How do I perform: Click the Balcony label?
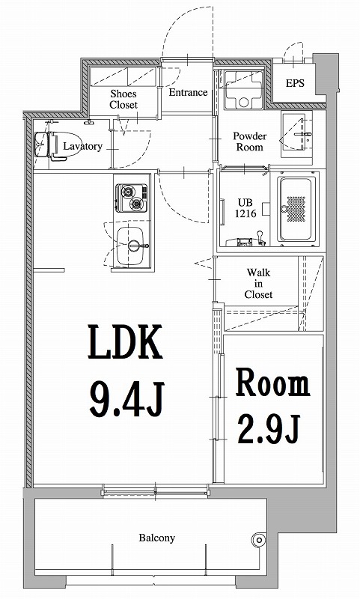point(156,538)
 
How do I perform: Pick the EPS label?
point(295,84)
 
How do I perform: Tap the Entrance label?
point(188,93)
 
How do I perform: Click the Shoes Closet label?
point(123,99)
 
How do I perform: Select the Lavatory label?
point(82,146)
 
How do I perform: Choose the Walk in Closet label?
point(258,284)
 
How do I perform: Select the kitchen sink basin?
point(132,242)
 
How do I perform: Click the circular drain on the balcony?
point(260,538)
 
